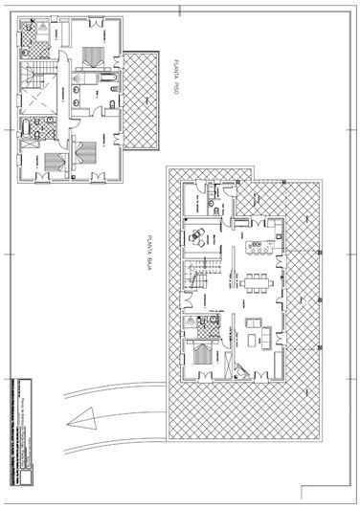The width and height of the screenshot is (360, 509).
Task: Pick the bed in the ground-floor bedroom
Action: [203, 355]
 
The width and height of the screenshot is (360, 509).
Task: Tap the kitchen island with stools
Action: [259, 250]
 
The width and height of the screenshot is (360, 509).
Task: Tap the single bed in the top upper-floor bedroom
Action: [94, 56]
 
